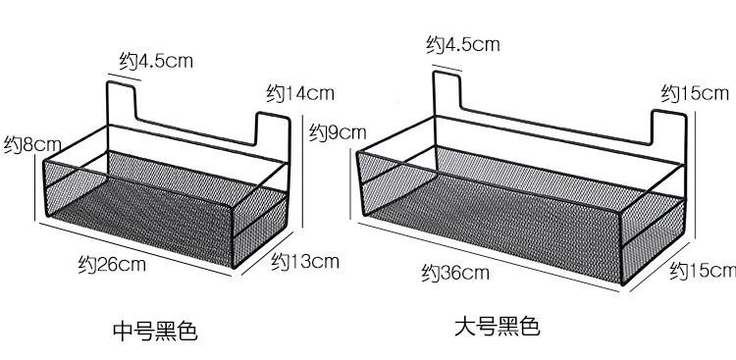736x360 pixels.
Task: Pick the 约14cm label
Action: point(300,93)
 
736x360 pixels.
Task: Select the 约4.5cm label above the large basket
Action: point(462,44)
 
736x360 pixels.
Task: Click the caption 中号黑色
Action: point(156,331)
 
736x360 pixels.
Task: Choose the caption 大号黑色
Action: point(497,326)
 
